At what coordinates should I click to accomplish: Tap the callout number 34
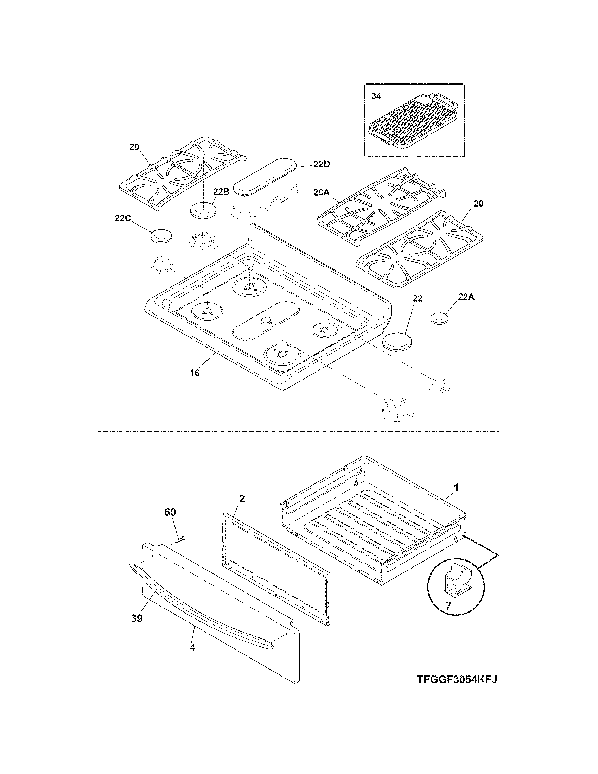pos(376,96)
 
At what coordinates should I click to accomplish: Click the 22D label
pos(321,164)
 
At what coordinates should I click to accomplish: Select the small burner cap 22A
pos(440,318)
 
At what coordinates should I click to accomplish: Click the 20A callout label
pos(321,192)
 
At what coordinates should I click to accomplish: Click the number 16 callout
pos(195,373)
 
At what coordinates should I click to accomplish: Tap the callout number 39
pos(137,618)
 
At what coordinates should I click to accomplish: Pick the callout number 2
pos(242,499)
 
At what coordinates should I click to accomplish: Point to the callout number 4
pos(192,647)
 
